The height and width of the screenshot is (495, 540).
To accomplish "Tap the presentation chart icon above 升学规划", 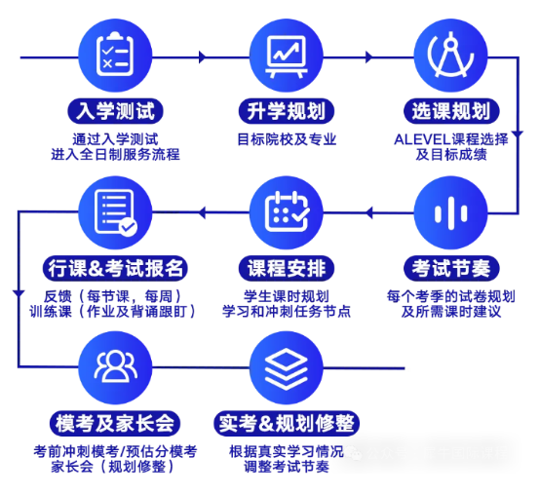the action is pos(287,57).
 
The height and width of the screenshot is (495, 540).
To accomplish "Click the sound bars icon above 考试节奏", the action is pos(450,212).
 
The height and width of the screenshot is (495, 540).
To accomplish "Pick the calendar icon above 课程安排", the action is pos(287,211).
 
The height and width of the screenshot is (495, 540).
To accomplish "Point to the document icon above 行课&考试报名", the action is pos(115,212).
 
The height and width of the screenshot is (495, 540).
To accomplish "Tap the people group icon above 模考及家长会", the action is pos(116,366).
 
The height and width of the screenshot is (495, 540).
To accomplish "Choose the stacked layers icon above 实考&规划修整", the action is pos(286,368).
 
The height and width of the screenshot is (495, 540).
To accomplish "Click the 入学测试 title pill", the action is pos(115,111).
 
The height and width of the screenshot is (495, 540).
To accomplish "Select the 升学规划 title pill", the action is pos(287,111).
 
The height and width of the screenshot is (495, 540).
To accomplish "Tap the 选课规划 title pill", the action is pos(451,111).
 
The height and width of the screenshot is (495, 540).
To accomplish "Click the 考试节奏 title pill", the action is pos(451,268).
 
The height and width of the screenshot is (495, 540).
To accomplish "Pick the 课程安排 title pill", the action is pos(287,268).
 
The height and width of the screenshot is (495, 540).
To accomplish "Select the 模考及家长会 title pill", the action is pos(115,424).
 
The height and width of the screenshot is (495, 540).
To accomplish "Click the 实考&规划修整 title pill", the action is pos(287,424).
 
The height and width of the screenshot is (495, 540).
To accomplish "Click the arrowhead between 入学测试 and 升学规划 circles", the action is pos(203,57).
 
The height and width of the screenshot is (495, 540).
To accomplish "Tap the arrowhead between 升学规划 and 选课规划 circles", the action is pos(368,57).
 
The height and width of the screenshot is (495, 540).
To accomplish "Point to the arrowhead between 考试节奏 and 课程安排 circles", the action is pos(368,212).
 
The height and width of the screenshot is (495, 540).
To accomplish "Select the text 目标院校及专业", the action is pos(287,139).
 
